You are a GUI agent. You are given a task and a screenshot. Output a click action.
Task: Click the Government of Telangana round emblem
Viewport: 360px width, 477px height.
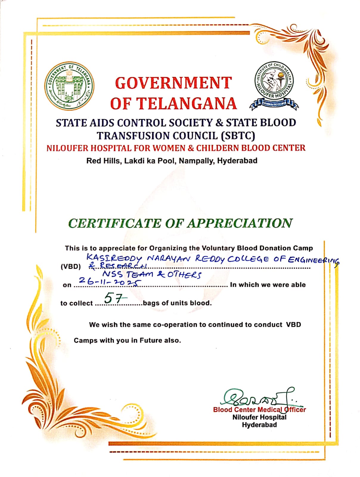pos(69,86)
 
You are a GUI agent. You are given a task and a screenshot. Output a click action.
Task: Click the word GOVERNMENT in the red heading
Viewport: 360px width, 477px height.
pos(173,83)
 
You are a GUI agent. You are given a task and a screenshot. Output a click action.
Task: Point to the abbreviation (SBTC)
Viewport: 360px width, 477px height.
pos(238,136)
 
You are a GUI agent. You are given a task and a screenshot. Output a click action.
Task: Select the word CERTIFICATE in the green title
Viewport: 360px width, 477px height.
pos(114,223)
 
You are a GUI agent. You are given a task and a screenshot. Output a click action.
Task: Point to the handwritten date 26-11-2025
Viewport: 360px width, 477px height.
pos(109,281)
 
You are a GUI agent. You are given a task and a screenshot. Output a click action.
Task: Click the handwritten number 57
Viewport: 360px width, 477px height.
pos(113,298)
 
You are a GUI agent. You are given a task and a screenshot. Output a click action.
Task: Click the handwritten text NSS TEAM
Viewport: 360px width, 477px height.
pos(128,274)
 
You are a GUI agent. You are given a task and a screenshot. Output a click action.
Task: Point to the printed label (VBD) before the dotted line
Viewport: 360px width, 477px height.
pos(71,267)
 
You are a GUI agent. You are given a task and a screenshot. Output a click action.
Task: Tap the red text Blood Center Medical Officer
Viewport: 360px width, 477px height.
pos(259,410)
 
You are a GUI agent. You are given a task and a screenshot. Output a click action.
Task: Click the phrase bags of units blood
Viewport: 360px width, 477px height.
pos(177,303)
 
